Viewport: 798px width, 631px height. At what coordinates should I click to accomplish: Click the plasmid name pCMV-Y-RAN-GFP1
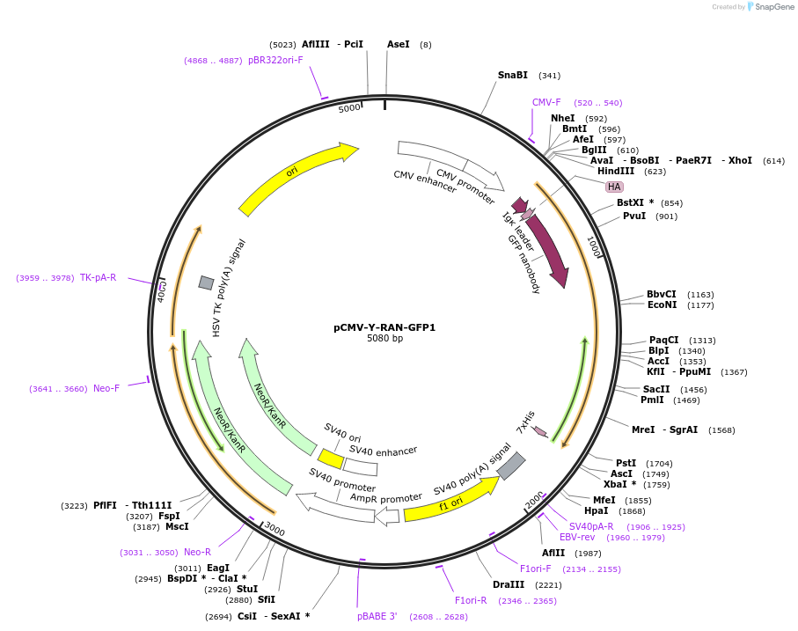tap(384, 327)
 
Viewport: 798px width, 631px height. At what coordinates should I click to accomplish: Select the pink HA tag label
tap(614, 187)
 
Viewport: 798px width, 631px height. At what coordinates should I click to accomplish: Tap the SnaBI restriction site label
tap(513, 75)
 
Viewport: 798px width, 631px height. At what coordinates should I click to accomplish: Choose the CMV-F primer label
tap(546, 102)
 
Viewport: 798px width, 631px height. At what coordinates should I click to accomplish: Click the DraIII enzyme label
tap(509, 584)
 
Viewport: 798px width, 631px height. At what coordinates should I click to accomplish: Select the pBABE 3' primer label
tap(377, 616)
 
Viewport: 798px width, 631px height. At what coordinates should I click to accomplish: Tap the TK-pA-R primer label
tap(98, 277)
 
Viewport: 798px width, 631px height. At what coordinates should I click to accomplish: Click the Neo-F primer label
tap(106, 388)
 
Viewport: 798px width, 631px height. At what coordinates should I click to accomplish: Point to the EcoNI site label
tap(662, 305)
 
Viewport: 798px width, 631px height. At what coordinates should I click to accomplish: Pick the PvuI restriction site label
tap(634, 216)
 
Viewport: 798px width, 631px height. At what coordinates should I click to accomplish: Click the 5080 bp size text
tap(384, 339)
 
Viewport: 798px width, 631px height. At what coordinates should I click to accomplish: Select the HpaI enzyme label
tap(596, 510)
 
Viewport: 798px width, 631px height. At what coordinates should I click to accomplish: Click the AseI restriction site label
tap(399, 44)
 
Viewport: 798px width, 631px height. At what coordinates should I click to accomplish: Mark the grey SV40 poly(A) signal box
tap(511, 466)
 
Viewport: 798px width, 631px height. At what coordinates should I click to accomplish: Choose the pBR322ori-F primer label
tap(275, 60)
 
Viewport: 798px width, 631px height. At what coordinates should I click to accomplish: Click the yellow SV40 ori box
tap(331, 459)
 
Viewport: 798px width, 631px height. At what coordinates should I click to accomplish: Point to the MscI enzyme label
tap(177, 526)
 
